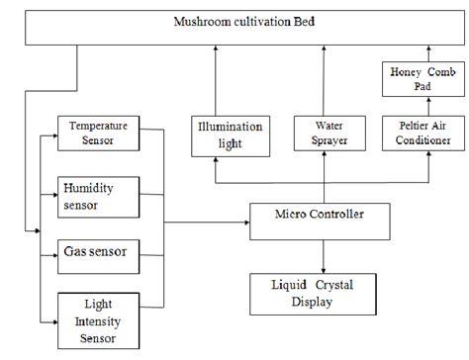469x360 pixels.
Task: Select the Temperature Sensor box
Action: (x=98, y=135)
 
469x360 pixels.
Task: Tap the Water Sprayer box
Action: (x=325, y=134)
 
